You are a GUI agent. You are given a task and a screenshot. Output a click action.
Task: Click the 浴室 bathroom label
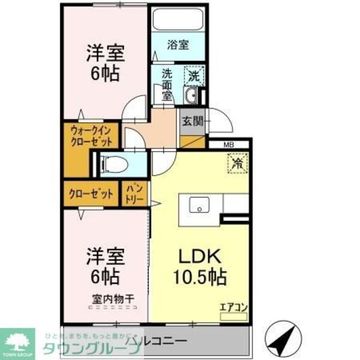pyautogui.click(x=178, y=44)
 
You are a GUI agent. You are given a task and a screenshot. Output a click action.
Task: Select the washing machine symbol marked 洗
pyautogui.click(x=193, y=76)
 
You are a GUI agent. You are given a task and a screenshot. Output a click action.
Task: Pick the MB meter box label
pyautogui.click(x=229, y=145)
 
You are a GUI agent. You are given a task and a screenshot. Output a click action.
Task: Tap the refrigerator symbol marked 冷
pyautogui.click(x=238, y=162)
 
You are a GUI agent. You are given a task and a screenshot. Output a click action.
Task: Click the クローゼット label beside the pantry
pyautogui.click(x=91, y=194)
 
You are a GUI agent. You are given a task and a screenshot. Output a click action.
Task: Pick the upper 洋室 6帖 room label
pyautogui.click(x=104, y=63)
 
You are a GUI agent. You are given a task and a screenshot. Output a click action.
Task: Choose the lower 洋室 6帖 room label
pyautogui.click(x=104, y=266)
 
